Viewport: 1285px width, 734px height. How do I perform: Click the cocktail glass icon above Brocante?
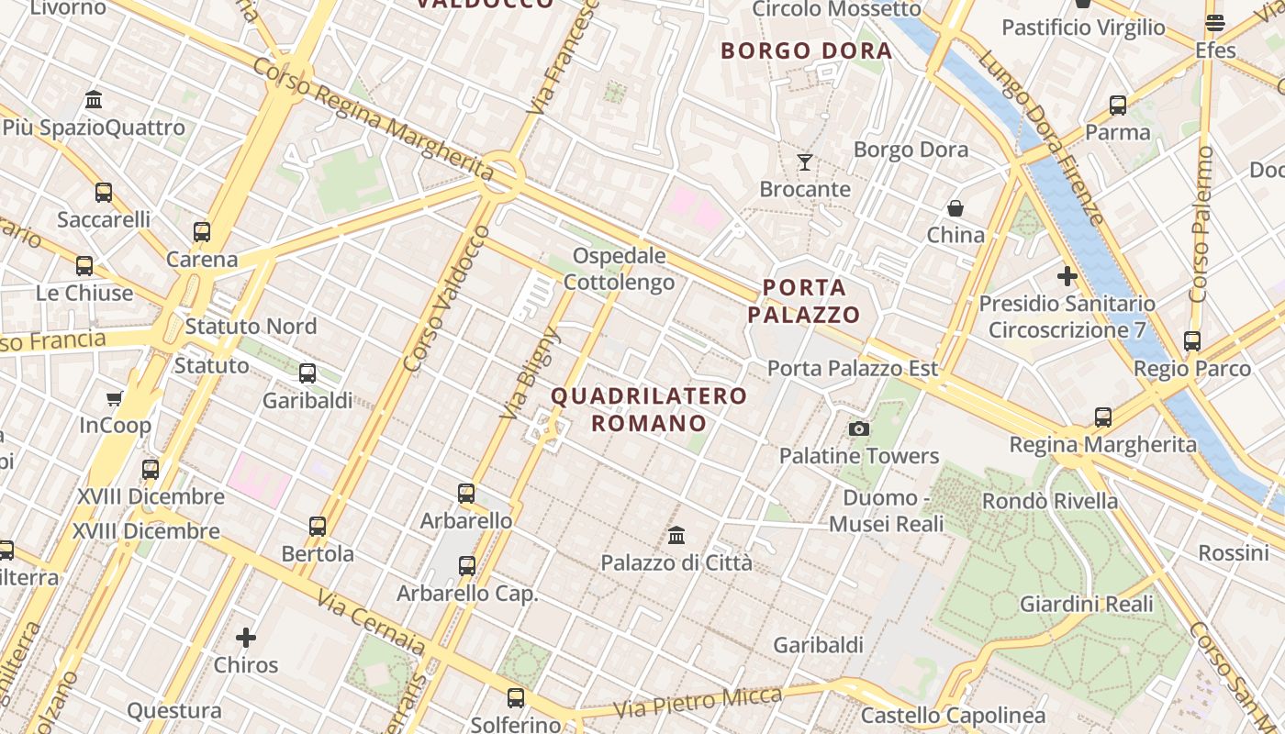tap(805, 162)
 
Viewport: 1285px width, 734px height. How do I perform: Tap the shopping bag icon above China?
tap(955, 208)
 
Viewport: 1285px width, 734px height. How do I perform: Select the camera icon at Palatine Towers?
tap(859, 428)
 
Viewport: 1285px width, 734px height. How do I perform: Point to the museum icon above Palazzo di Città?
tap(676, 535)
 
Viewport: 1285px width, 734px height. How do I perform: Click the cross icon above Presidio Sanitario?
tap(1067, 275)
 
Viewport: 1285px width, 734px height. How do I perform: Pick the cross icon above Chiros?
tap(246, 638)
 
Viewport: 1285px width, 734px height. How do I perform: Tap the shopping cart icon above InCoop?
tap(115, 398)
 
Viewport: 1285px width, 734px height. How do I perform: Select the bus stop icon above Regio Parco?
tap(1192, 341)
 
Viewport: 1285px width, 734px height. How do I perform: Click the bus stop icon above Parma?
tap(1117, 106)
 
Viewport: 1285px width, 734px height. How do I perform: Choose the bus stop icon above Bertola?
tap(318, 527)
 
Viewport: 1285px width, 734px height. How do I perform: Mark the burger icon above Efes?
tap(1215, 23)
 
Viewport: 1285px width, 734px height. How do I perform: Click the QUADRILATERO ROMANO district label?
tap(649, 409)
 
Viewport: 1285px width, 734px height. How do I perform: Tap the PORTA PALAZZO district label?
tap(804, 301)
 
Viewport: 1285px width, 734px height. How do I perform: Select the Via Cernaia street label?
tap(371, 623)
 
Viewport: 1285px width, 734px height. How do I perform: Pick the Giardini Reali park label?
tap(1086, 604)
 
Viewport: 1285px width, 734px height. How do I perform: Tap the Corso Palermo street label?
tap(1201, 225)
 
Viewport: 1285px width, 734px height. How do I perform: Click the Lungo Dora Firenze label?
tap(1041, 138)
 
